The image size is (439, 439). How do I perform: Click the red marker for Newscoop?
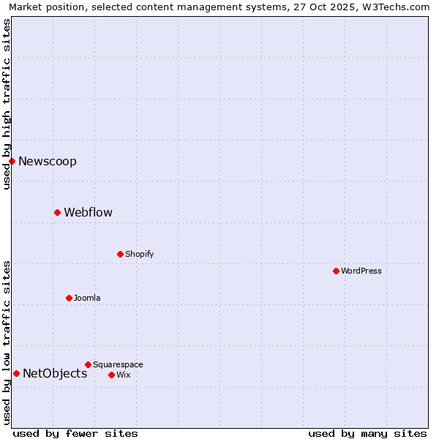12,161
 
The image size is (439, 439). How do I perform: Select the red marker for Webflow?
57,212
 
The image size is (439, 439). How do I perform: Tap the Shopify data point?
120,254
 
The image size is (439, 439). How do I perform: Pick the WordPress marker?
336,271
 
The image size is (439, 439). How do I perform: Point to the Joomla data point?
69,298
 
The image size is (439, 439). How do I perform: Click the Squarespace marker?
88,364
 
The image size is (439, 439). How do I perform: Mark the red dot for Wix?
111,375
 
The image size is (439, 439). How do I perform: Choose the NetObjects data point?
16,373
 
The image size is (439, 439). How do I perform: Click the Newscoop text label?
48,161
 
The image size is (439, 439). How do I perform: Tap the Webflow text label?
88,212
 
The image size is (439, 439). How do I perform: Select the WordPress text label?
361,271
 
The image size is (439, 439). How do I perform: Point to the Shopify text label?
139,254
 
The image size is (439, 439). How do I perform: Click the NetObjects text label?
55,373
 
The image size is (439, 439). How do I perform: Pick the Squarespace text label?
118,364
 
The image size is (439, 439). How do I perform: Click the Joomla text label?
87,298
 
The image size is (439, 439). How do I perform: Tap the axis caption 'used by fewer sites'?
75,433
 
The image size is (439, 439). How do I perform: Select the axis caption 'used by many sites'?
367,433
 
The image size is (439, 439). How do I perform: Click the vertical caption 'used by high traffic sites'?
7,104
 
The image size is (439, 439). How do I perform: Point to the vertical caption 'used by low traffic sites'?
7,342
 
